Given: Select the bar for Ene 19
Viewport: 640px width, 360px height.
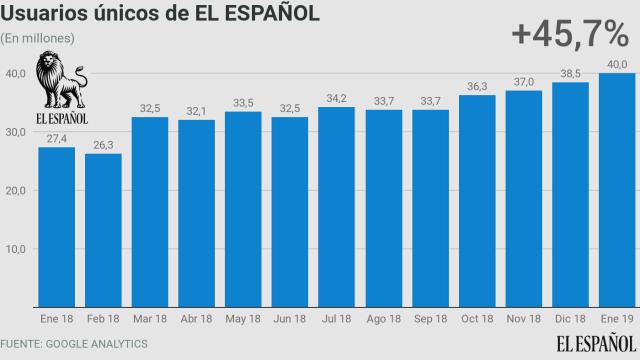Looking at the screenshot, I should point(617,190).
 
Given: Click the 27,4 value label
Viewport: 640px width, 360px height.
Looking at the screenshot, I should point(56,138).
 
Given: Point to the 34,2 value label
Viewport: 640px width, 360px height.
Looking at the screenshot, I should point(337,98).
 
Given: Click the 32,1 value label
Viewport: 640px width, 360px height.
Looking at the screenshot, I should point(197,110).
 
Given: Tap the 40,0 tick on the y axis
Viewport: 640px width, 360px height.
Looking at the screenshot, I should point(15,73).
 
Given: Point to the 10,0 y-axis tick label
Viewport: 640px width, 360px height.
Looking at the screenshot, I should point(15,249).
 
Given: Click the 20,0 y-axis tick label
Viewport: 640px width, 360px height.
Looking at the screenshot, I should point(15,190).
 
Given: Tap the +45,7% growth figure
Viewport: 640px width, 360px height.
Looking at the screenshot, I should point(568,34).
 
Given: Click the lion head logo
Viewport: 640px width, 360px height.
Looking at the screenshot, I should point(60,80).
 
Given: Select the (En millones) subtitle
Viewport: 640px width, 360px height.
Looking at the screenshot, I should point(38,38).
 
